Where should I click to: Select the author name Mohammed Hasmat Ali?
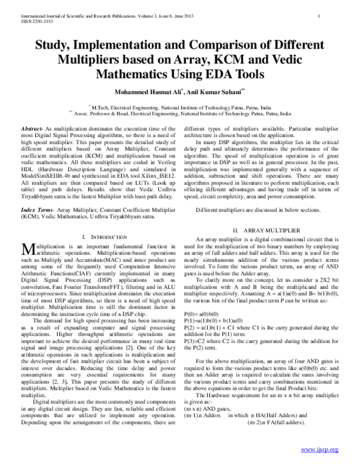coord(148,92)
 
